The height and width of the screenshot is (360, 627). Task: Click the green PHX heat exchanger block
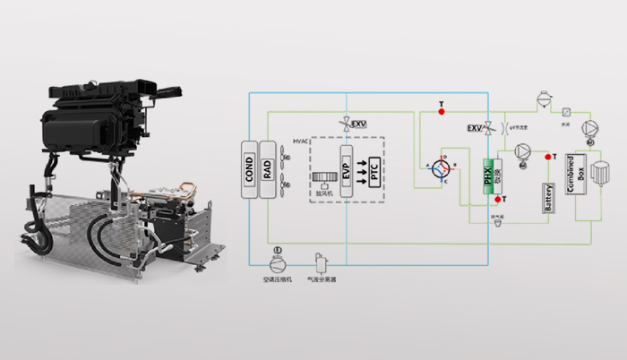point(489,170)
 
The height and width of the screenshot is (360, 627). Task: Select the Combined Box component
point(575,178)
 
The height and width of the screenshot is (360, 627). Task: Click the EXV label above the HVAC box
point(358,122)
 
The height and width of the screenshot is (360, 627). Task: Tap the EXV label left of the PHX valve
point(474,128)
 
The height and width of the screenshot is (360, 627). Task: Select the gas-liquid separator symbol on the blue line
point(321,261)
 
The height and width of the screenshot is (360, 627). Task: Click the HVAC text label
point(301,141)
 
